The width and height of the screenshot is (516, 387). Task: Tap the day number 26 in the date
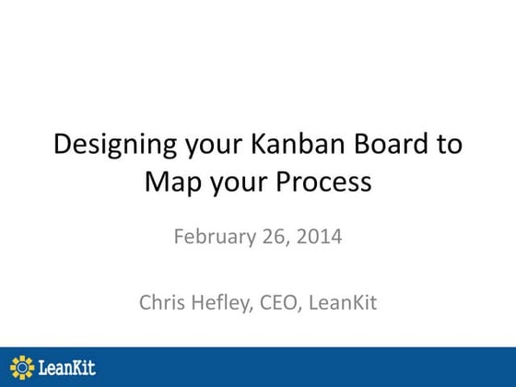coord(273,236)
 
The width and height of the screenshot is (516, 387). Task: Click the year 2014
coord(320,236)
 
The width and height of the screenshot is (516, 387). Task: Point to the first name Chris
coord(163,301)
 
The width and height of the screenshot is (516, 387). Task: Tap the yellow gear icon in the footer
coord(21,367)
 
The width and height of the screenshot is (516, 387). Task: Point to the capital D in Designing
coord(62,144)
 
